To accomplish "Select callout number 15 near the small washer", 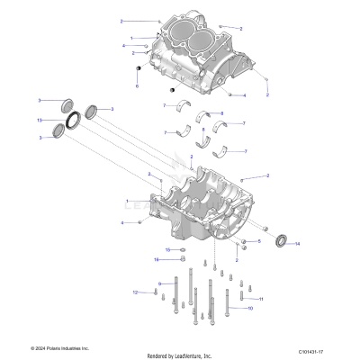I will coord(166,249).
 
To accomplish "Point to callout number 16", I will coord(156,259).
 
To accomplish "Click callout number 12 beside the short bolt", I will coord(136,292).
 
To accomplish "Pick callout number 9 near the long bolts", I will coord(159,284).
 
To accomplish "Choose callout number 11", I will coord(261,298).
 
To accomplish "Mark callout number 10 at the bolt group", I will coord(250,308).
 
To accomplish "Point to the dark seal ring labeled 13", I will coord(68,118).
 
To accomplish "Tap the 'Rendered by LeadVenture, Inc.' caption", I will coord(179,355).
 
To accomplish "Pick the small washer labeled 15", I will coord(183,249).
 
